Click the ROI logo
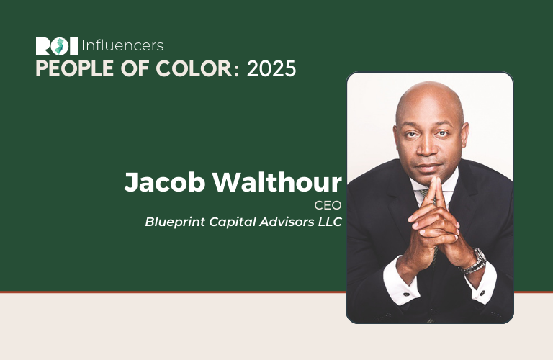(57, 46)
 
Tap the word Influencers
(122, 46)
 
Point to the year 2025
(271, 68)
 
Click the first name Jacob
(164, 182)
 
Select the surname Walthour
(277, 181)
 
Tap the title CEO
(328, 205)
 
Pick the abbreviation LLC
(330, 222)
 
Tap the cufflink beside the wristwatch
(482, 293)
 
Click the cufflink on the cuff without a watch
(406, 294)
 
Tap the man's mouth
(428, 166)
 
